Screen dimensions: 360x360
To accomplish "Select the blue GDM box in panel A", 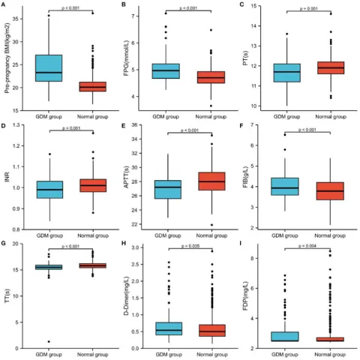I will [49, 67].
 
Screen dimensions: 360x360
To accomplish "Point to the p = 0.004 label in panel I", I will [308, 245].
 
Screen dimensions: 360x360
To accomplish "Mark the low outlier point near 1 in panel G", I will [49, 342].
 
